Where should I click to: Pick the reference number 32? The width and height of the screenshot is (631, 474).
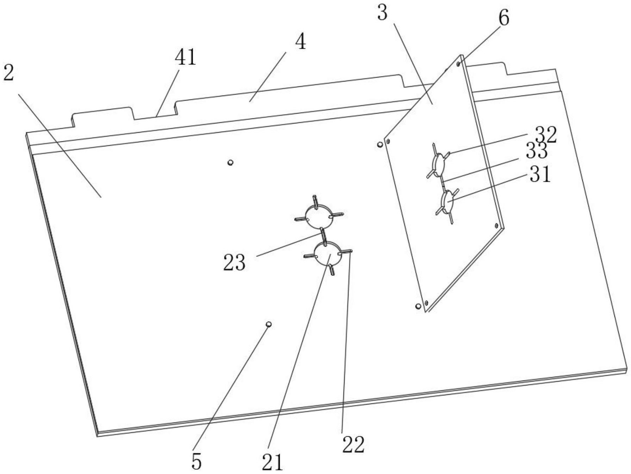(546, 135)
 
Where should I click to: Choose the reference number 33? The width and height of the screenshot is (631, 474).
(537, 151)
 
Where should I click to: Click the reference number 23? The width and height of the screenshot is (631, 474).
(234, 263)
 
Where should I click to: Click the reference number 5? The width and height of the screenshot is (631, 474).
(196, 461)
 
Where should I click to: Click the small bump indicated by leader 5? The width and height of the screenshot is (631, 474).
(268, 324)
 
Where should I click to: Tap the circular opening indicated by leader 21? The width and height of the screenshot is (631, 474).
(328, 255)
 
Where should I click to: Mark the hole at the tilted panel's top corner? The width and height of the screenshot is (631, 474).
(458, 64)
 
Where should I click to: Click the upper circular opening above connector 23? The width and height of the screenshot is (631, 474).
(318, 216)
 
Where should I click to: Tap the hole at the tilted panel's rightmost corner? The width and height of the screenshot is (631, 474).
(496, 225)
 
